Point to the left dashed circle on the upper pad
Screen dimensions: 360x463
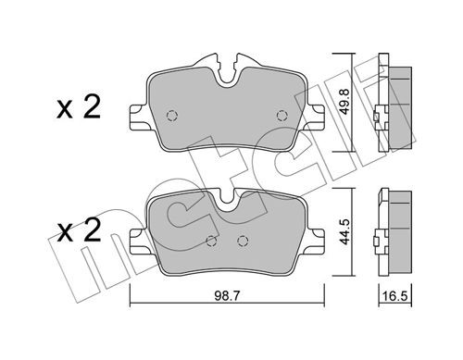pyautogui.click(x=171, y=116)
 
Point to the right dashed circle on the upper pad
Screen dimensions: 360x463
pyautogui.click(x=282, y=115)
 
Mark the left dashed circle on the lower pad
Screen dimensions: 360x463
pyautogui.click(x=211, y=242)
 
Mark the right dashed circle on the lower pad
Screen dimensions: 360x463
pyautogui.click(x=243, y=242)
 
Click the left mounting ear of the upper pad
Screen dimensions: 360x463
pyautogui.click(x=135, y=118)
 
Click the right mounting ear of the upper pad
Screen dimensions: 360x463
pyautogui.click(x=318, y=118)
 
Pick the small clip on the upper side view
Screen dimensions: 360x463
pyautogui.click(x=375, y=118)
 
